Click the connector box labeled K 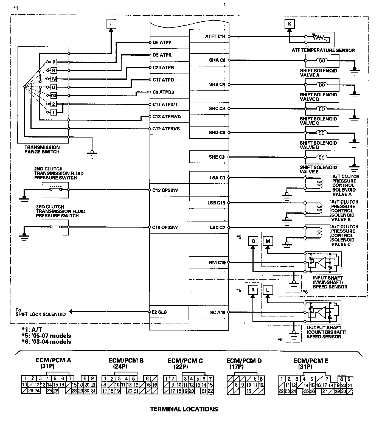point(290,24)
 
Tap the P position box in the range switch point(54,62)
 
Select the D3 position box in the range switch point(54,96)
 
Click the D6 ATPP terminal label point(162,43)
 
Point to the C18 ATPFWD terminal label point(167,117)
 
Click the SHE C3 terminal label point(217,157)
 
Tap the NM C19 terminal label point(217,263)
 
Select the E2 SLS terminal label point(159,312)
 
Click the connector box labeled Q point(253,241)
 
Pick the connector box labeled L point(268,290)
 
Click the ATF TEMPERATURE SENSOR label point(323,50)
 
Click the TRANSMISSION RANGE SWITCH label point(42,150)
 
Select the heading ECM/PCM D point(244,361)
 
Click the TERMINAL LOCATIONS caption point(184,409)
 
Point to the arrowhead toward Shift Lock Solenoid point(71,312)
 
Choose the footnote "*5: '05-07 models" point(46,336)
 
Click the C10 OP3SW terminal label point(165,227)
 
